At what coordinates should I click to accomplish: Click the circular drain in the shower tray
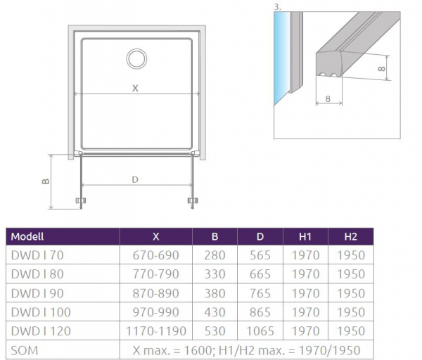click(x=136, y=49)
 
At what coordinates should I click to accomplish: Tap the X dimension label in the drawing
click(x=135, y=89)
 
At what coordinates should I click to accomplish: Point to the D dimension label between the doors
click(x=135, y=179)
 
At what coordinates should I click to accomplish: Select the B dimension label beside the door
click(x=46, y=181)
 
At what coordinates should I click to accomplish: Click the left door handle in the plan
click(x=80, y=200)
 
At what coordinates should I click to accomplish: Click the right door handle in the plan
click(x=193, y=200)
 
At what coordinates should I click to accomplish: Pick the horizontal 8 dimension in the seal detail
click(x=328, y=99)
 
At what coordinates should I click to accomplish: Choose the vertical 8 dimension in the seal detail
click(x=381, y=69)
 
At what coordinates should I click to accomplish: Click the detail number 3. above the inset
click(x=277, y=7)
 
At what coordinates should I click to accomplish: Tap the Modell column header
click(x=27, y=237)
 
